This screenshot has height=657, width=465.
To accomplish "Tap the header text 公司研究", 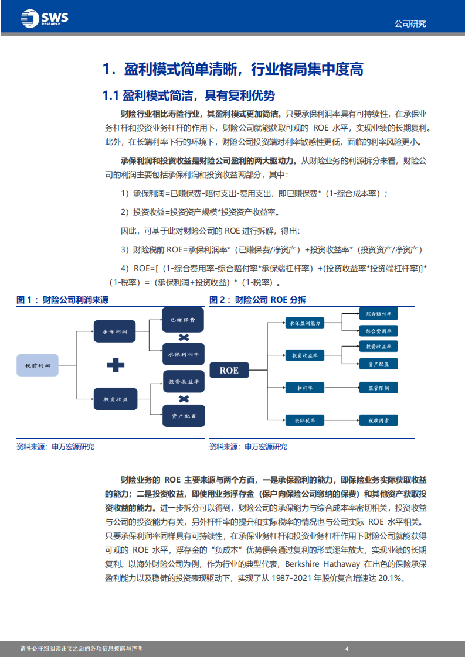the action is point(409,24).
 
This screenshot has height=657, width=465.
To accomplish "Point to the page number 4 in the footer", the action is point(347,648).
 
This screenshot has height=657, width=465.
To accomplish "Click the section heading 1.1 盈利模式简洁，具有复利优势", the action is point(189,95).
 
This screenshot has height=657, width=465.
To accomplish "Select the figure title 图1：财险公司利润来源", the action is point(63,300).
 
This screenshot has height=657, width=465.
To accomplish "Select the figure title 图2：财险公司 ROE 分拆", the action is point(258,300).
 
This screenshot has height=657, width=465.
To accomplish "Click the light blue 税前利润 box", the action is point(37,365).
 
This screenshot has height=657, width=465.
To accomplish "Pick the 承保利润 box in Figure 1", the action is point(115,331).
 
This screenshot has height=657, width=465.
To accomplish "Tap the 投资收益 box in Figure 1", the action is point(115,399).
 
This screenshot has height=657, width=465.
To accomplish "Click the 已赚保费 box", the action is point(183,321).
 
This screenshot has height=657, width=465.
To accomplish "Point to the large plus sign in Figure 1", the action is point(116,365).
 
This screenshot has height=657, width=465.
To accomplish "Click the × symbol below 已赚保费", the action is point(184,338).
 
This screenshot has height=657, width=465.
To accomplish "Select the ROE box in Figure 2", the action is point(229,370).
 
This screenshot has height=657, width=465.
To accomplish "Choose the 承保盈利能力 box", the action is point(304,322).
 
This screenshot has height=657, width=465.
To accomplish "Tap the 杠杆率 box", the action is point(304,387).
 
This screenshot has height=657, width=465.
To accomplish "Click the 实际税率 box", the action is point(304,420).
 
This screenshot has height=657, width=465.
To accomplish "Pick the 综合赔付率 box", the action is point(378,314).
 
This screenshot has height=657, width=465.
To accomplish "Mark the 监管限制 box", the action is point(378,387).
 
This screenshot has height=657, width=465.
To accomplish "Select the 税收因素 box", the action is point(378,420).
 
